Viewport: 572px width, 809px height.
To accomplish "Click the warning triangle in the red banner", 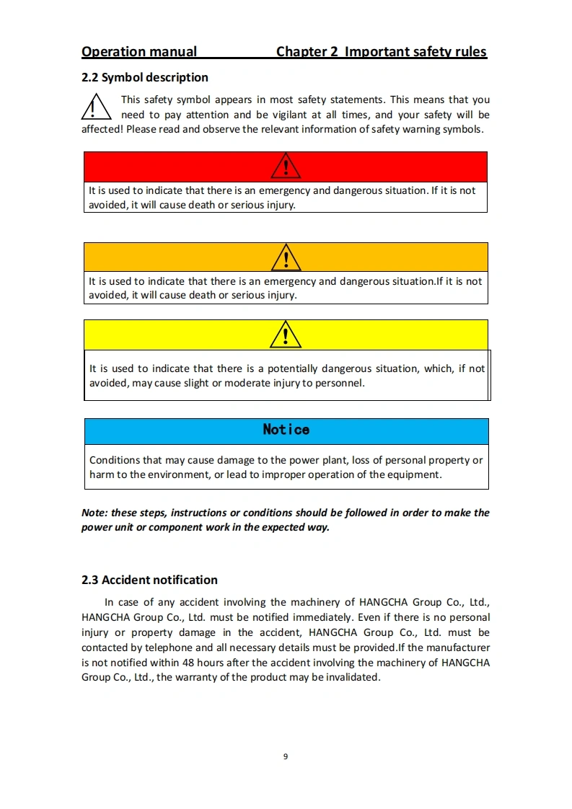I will pyautogui.click(x=286, y=167).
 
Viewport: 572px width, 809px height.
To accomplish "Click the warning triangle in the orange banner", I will pyautogui.click(x=286, y=257).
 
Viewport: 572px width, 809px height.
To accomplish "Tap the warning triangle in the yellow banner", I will pyautogui.click(x=286, y=335).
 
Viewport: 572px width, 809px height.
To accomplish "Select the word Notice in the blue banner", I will pyautogui.click(x=286, y=430).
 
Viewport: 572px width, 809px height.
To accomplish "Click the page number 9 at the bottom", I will pyautogui.click(x=286, y=756).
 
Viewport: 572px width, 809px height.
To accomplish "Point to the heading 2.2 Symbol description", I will pyautogui.click(x=145, y=77).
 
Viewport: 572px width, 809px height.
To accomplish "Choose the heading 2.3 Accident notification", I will pyautogui.click(x=149, y=580).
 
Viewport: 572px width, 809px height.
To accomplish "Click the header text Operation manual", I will pyautogui.click(x=139, y=52).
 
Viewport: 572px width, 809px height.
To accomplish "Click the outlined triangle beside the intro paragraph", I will pyautogui.click(x=95, y=107).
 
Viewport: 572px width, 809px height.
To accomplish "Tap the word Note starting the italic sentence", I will pyautogui.click(x=93, y=513).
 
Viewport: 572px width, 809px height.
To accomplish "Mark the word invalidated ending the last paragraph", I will pyautogui.click(x=352, y=678).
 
